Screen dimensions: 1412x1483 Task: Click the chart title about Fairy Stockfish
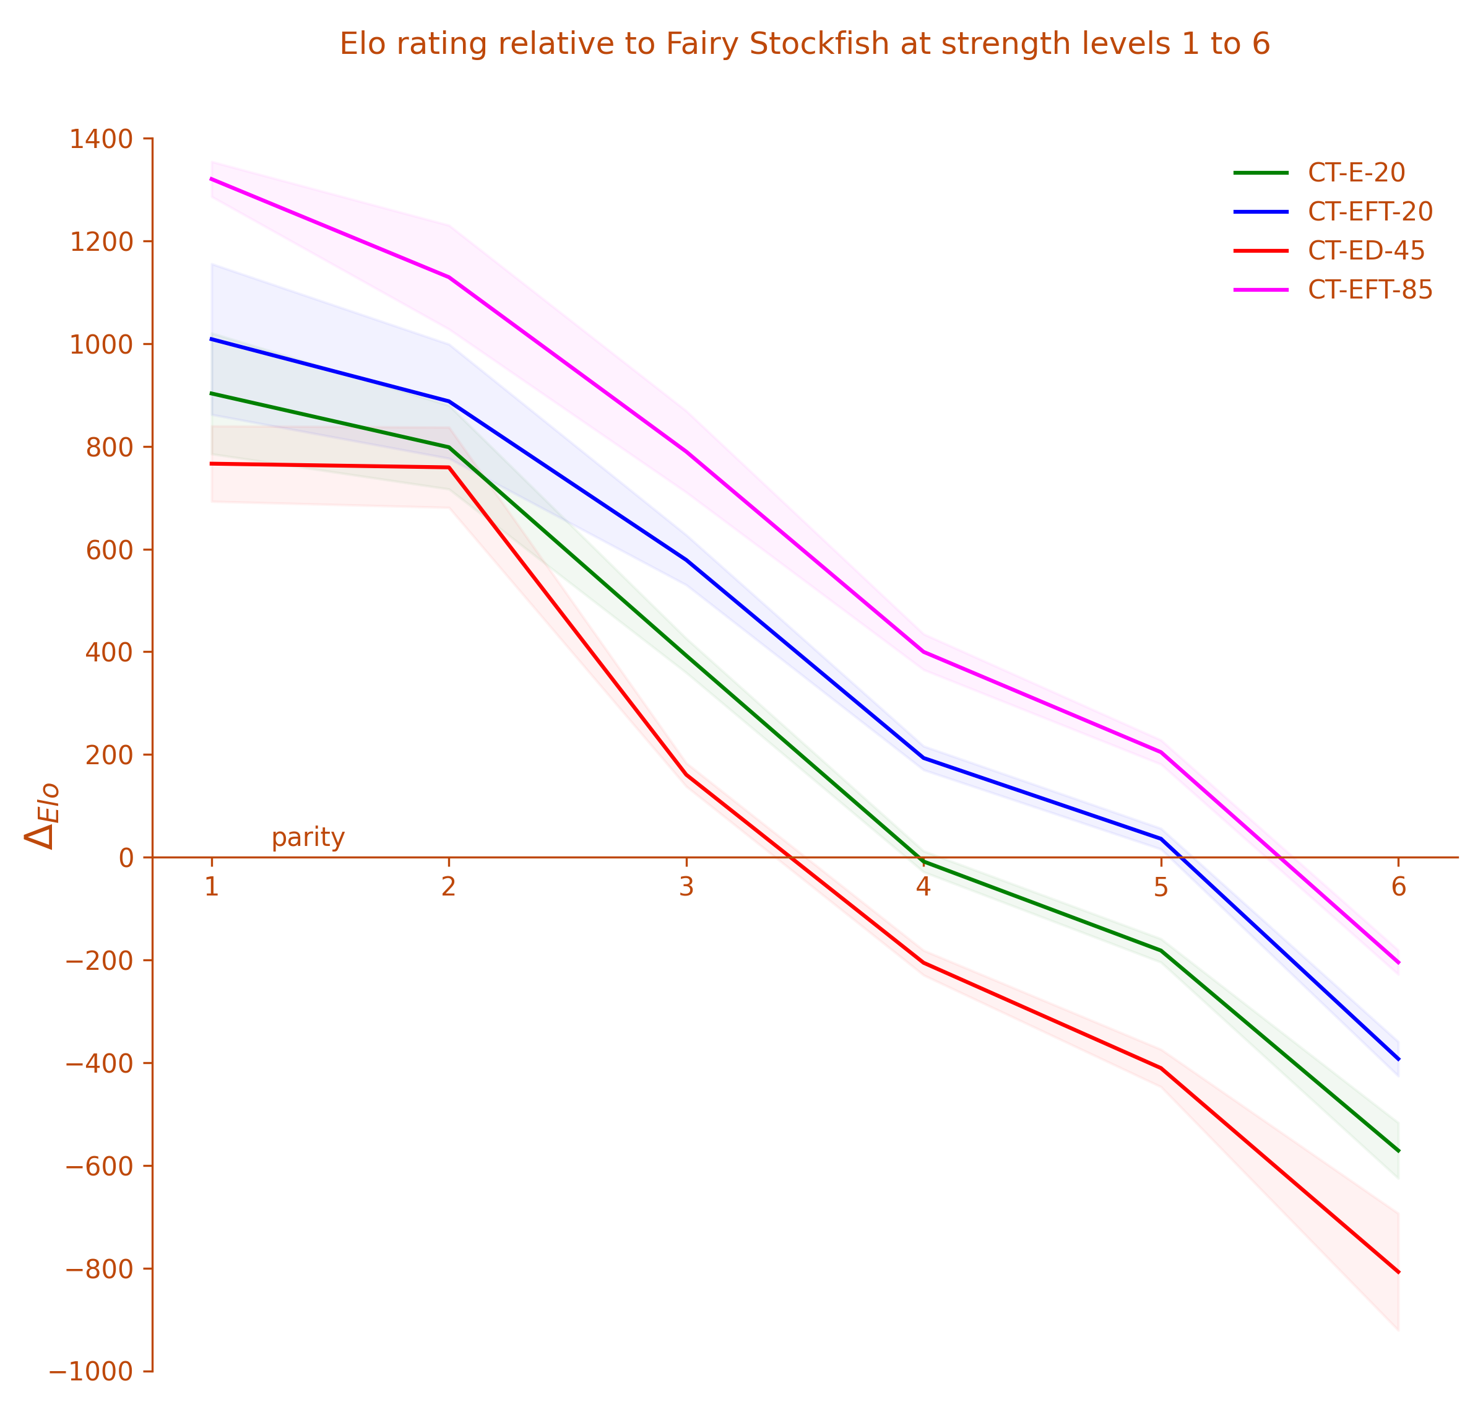(x=805, y=45)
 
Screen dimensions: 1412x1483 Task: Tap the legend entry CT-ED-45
(x=1365, y=251)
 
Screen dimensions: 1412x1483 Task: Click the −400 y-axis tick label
(x=102, y=1063)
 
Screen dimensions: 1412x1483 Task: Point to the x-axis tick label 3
(x=685, y=889)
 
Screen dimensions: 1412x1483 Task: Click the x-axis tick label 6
(x=1398, y=889)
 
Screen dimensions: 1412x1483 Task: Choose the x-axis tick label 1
(x=212, y=889)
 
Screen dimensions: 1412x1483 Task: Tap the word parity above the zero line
(x=308, y=838)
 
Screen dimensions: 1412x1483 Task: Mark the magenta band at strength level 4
(x=923, y=652)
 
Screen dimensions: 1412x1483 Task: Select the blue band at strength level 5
(x=1161, y=839)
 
